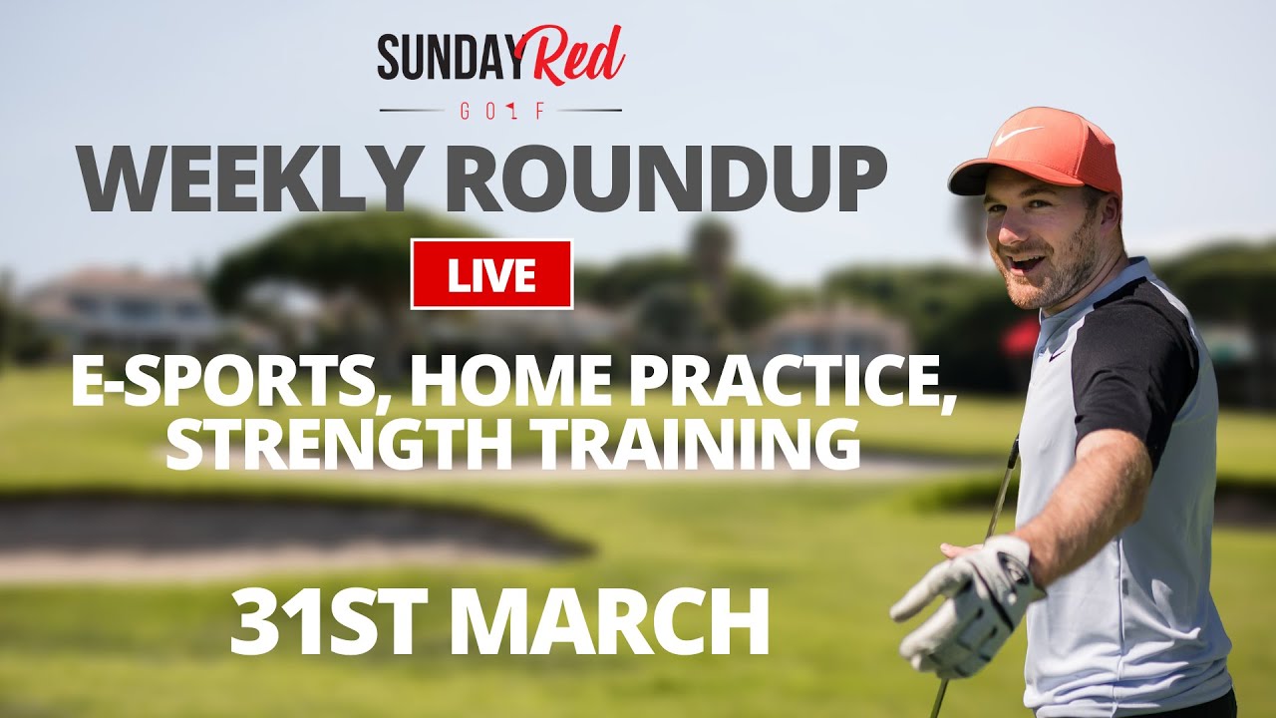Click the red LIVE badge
click(491, 274)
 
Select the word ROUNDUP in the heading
click(665, 178)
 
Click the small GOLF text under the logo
click(501, 110)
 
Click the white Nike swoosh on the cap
click(1019, 135)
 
